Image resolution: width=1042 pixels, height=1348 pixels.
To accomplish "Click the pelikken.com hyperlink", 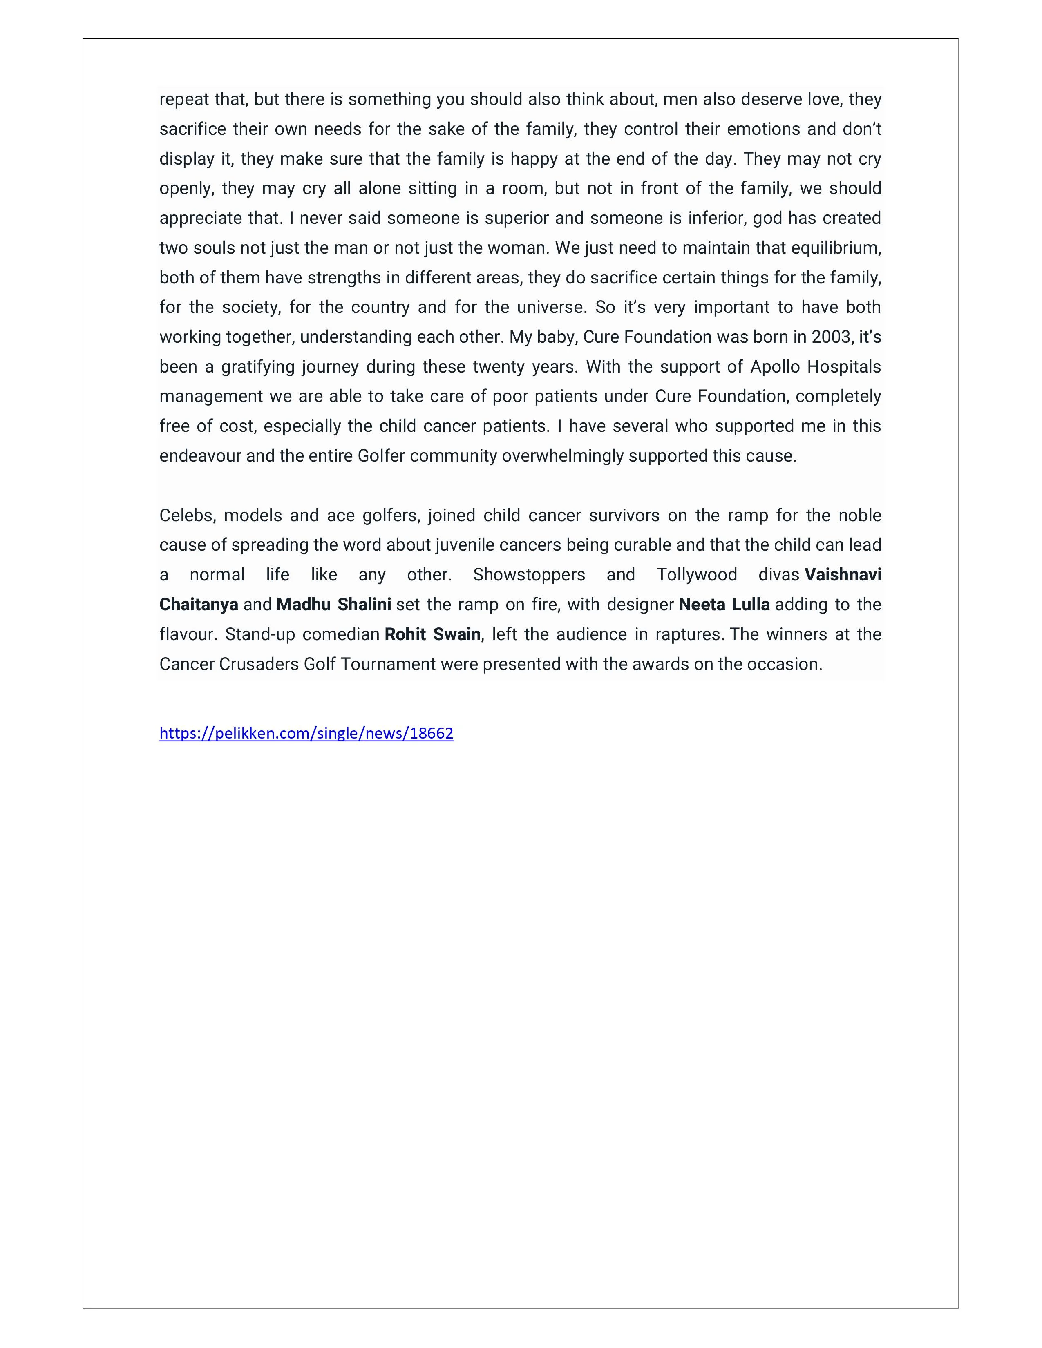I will click(x=306, y=733).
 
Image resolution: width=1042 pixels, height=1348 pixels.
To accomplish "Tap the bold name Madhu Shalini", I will click(x=333, y=604).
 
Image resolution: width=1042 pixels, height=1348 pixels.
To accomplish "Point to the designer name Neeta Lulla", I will click(x=724, y=604).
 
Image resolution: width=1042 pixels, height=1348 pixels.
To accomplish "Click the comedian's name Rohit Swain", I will click(x=432, y=634).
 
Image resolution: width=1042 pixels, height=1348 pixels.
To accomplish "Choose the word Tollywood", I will click(x=697, y=575).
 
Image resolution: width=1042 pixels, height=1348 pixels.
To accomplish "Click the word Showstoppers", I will click(x=529, y=575).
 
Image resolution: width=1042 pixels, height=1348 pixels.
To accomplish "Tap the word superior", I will click(x=517, y=219).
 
